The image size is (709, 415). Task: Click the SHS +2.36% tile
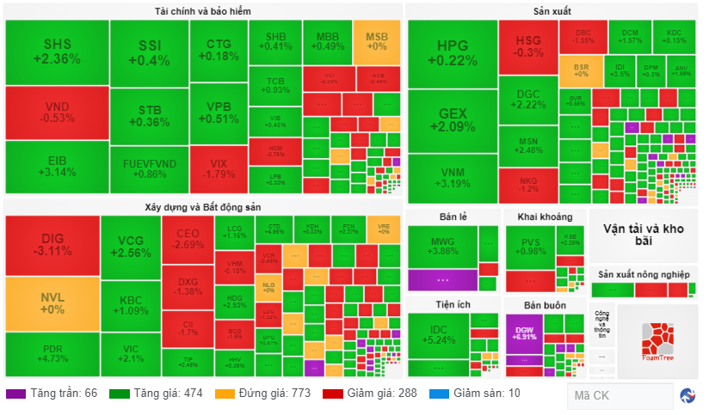click(56, 52)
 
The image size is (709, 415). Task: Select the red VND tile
click(56, 113)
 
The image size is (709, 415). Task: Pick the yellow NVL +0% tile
click(52, 303)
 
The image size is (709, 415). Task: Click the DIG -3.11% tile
click(52, 245)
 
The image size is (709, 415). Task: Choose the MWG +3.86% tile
click(442, 247)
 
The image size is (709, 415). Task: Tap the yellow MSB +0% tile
click(377, 41)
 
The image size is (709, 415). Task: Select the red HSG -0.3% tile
click(528, 46)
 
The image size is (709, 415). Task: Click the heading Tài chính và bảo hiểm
click(203, 10)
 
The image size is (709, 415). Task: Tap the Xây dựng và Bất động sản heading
click(203, 207)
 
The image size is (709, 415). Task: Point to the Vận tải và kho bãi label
click(642, 235)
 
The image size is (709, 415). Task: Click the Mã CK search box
click(620, 396)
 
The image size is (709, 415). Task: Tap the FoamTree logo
click(657, 339)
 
